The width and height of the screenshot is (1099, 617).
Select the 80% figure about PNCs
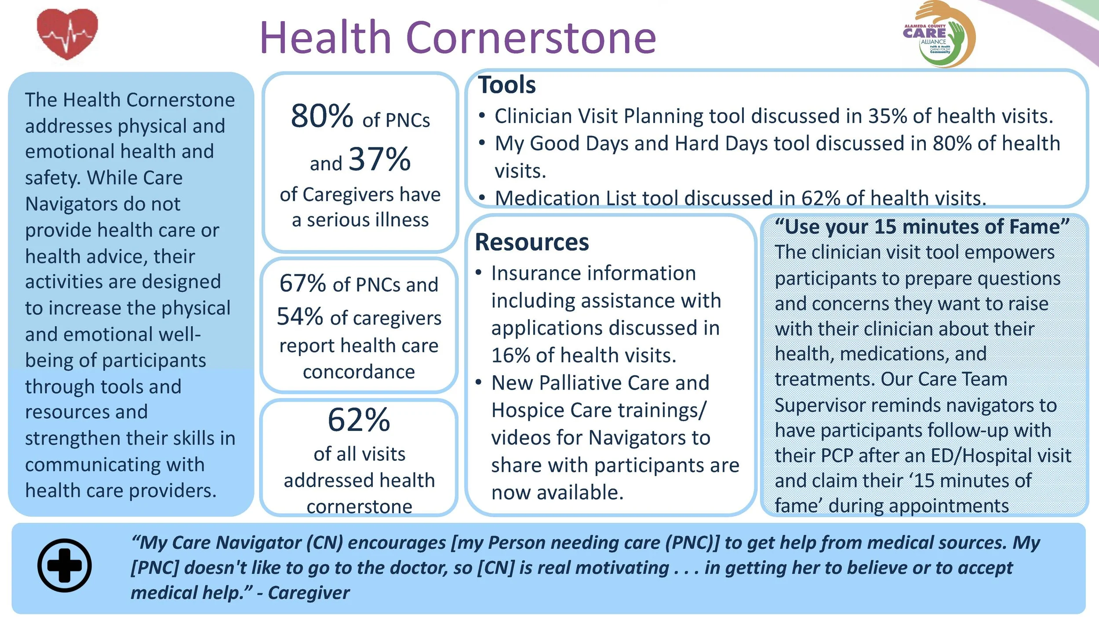pyautogui.click(x=322, y=116)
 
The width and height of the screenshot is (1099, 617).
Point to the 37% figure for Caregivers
pyautogui.click(x=379, y=159)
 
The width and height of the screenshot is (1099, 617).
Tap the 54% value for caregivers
pyautogui.click(x=300, y=316)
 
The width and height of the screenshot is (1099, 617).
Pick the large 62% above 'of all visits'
pyautogui.click(x=359, y=420)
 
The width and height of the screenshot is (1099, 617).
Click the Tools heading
pyautogui.click(x=507, y=84)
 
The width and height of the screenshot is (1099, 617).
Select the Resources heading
pyautogui.click(x=532, y=242)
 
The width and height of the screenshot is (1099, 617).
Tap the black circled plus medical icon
pyautogui.click(x=65, y=565)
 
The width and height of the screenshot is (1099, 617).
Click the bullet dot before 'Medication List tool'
pyautogui.click(x=482, y=198)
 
